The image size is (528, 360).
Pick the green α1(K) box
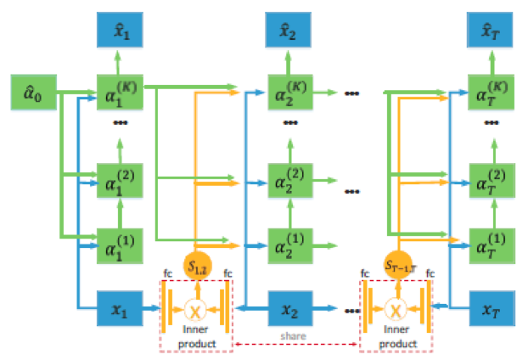120,92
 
